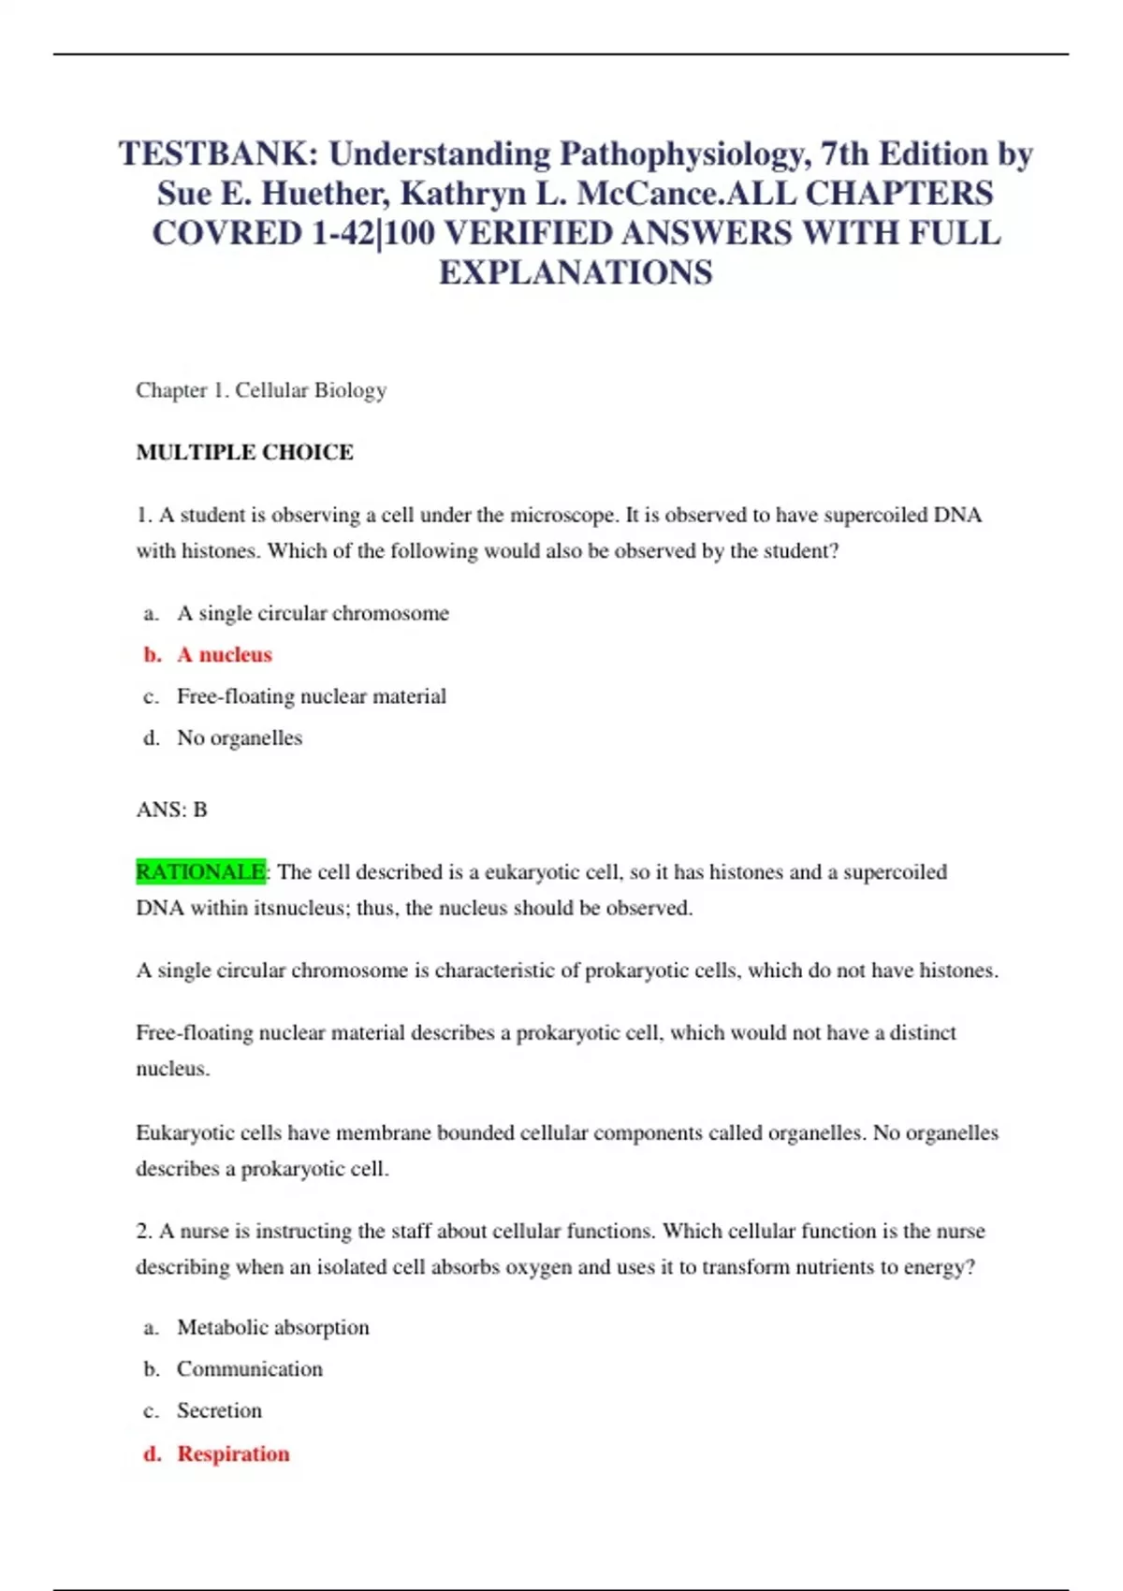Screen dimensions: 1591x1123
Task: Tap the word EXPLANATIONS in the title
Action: tap(576, 272)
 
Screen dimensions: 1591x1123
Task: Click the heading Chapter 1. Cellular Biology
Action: tap(261, 390)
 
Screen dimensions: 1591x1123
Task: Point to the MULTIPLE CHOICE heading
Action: tap(244, 452)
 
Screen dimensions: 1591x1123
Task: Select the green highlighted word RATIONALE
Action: tap(200, 872)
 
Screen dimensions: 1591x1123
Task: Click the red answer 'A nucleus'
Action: tap(225, 655)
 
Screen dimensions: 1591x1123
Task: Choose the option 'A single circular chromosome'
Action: tap(313, 614)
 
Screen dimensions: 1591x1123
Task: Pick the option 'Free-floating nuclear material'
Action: tap(311, 696)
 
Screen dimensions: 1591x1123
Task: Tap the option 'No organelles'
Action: tap(240, 738)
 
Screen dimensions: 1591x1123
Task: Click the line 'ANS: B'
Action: tap(171, 810)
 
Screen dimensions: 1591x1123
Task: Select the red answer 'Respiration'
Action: tap(233, 1454)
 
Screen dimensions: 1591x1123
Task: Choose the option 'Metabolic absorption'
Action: tap(272, 1328)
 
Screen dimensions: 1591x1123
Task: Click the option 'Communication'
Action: tap(249, 1369)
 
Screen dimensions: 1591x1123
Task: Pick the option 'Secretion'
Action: tap(219, 1410)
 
